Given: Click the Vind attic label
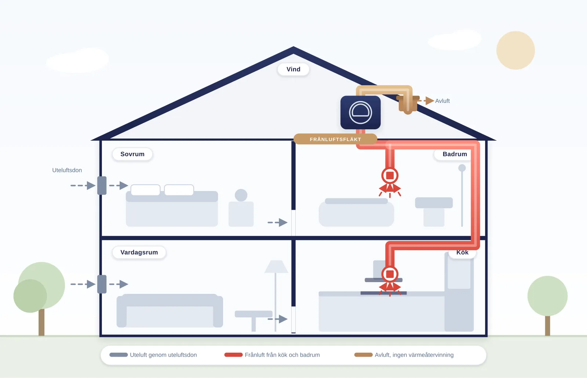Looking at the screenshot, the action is click(293, 69).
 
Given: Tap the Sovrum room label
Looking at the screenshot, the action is click(132, 154).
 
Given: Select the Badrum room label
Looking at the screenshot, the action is click(455, 154).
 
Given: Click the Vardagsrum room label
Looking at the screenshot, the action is click(139, 252).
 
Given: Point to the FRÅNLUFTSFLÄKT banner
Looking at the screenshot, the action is click(335, 139).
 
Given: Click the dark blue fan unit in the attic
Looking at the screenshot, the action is click(361, 112).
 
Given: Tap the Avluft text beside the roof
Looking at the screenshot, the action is click(442, 101).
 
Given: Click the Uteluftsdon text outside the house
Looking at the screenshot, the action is click(67, 170).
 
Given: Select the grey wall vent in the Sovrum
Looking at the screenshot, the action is click(102, 186).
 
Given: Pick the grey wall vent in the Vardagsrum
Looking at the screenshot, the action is click(102, 284).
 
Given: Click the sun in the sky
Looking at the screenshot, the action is click(515, 50).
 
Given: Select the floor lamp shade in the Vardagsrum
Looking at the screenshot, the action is click(276, 267).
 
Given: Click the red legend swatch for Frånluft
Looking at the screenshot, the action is click(233, 355).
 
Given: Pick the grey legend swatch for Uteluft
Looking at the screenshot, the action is click(119, 355).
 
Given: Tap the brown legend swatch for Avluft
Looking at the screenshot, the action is click(364, 355).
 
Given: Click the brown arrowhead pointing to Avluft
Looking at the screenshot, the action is click(430, 101).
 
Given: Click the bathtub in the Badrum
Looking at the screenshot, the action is click(356, 212).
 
